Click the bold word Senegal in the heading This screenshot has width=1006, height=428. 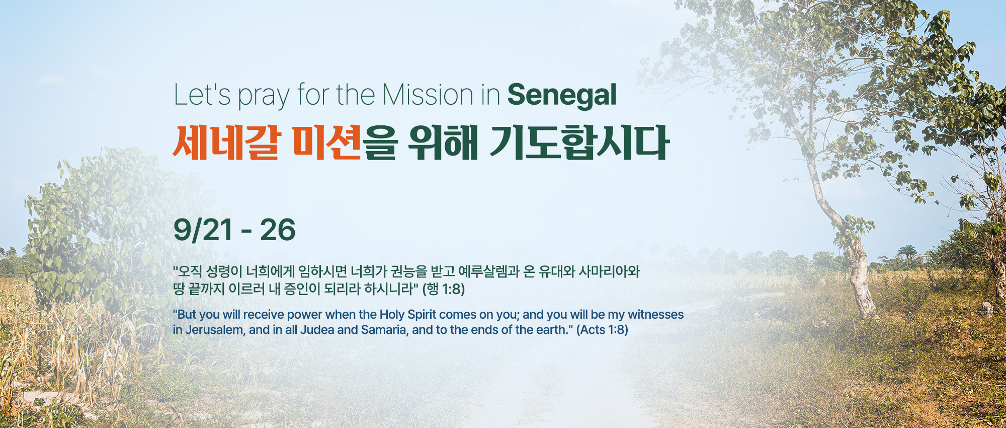coord(562,95)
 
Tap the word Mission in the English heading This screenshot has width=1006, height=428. coord(427,95)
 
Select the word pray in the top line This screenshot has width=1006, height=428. coord(264,97)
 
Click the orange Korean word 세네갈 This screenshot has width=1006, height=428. coord(225,142)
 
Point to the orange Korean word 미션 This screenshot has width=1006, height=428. coord(326,142)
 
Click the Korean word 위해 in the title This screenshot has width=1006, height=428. coord(443,142)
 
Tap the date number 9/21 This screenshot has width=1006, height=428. coord(203,230)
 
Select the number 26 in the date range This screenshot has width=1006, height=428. coord(278,230)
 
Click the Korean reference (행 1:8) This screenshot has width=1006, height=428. coord(444,289)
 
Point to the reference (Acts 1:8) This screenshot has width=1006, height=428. coord(602,330)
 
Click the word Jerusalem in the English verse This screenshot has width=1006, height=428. coord(214,330)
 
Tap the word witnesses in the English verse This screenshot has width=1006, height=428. coord(656,315)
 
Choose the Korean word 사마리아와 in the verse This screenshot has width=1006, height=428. coord(609,272)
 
